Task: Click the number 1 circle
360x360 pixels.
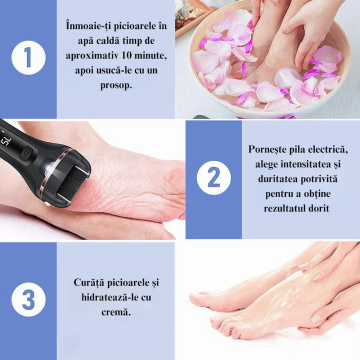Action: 28,58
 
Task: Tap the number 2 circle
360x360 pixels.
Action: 213,177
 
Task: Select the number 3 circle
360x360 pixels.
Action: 28,299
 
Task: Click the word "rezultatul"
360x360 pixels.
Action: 286,209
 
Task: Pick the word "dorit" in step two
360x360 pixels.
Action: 319,209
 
